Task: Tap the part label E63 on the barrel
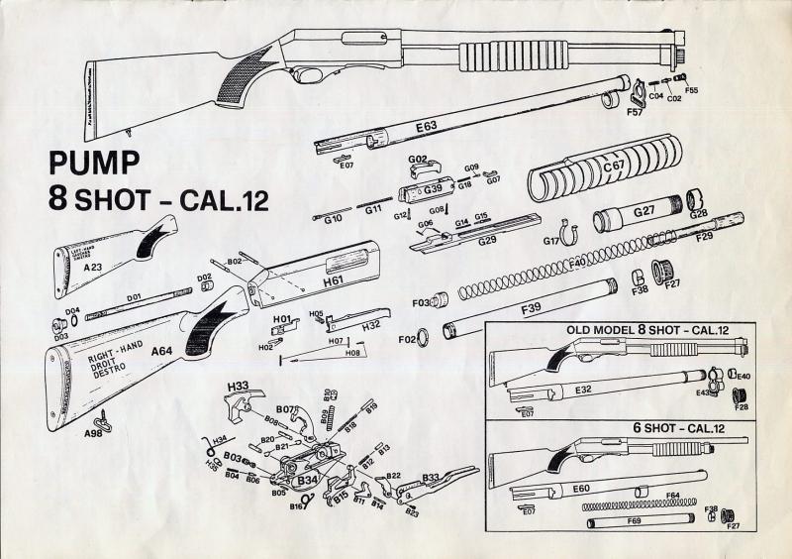coord(427,128)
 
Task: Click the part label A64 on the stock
coord(161,350)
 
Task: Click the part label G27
coord(643,211)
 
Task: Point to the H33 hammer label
coord(238,385)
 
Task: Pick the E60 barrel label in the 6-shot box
coord(581,488)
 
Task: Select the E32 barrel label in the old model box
coord(583,390)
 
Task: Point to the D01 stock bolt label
coord(134,295)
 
